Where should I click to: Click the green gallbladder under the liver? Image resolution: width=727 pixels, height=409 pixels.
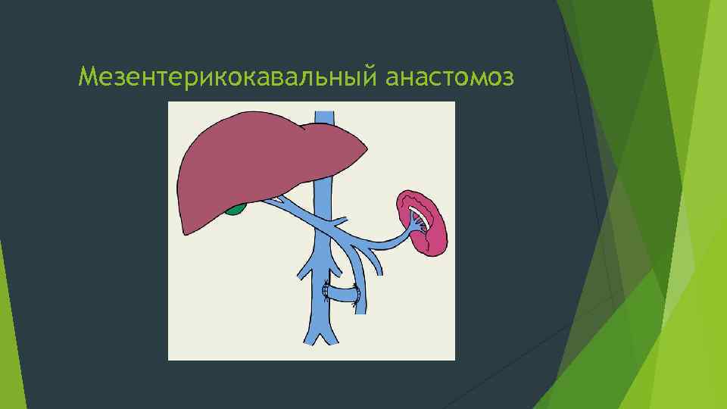click(237, 207)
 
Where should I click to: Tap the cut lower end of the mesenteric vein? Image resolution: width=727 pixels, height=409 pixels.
click(363, 309)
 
